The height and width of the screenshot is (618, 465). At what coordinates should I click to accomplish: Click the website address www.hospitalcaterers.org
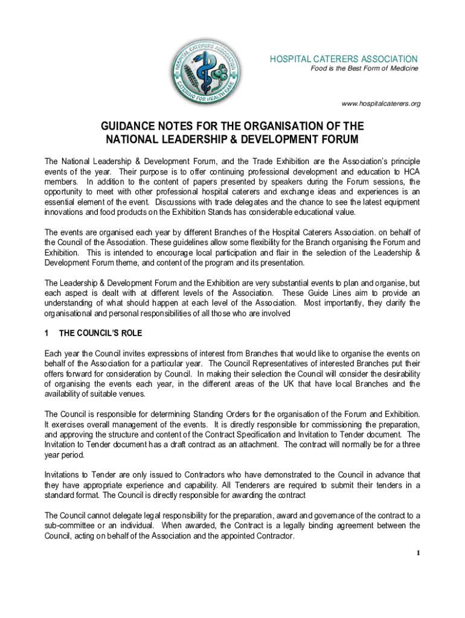(x=380, y=104)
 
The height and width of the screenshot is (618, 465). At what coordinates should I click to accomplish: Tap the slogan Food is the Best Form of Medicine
(x=364, y=69)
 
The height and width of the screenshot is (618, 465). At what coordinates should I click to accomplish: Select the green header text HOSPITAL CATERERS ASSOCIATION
(x=343, y=59)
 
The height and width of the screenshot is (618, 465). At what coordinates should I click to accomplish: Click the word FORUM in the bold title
(x=335, y=140)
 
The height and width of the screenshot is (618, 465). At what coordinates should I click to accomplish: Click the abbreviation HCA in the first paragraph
(x=411, y=172)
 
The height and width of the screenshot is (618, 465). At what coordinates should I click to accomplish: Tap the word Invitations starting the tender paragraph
(x=65, y=474)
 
